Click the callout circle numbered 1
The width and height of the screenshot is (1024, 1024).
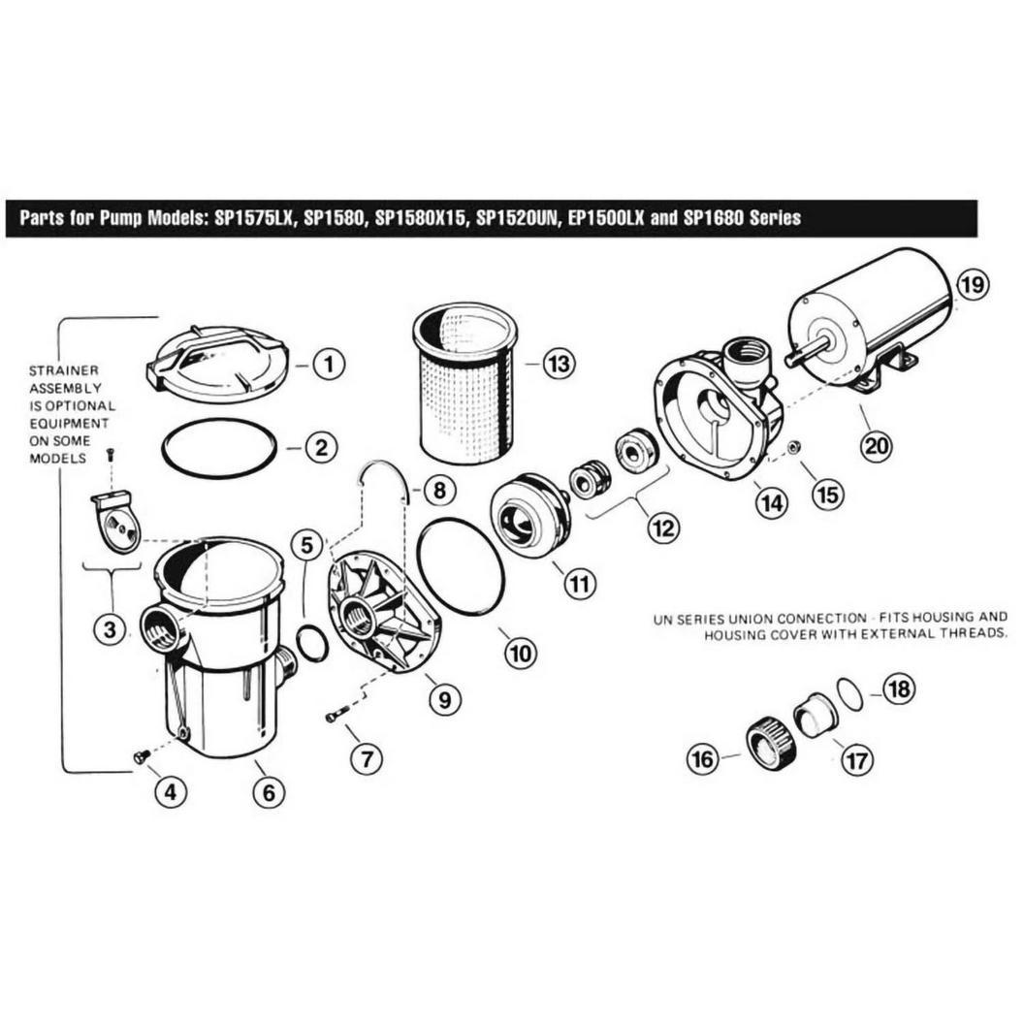(x=328, y=364)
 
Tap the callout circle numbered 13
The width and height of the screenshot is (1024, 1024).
(x=559, y=363)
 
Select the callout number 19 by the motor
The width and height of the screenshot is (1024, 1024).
(x=973, y=285)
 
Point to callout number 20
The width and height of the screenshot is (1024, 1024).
(x=876, y=445)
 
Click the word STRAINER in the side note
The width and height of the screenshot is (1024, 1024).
(x=63, y=370)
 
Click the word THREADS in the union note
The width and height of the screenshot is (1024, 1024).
(x=973, y=633)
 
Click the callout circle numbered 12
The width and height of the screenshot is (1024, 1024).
(x=663, y=527)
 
